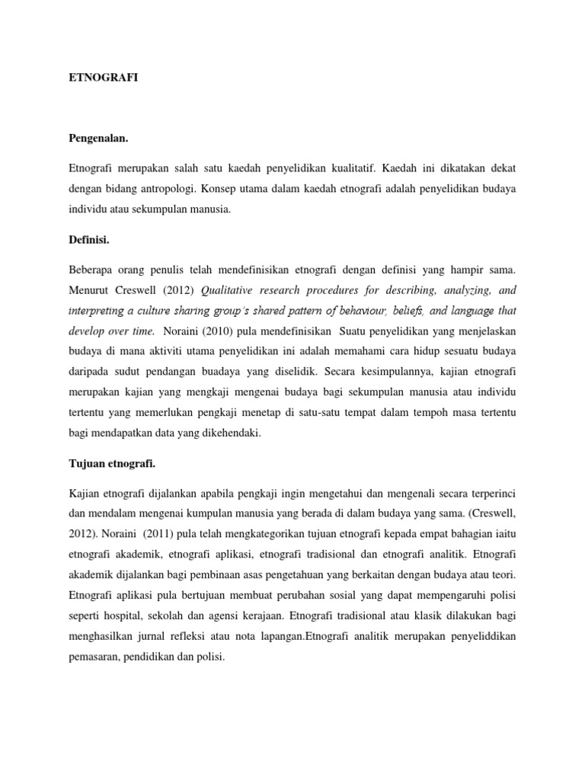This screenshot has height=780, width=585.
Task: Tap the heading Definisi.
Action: pyautogui.click(x=89, y=240)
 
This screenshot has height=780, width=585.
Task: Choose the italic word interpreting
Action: pyautogui.click(x=97, y=312)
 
